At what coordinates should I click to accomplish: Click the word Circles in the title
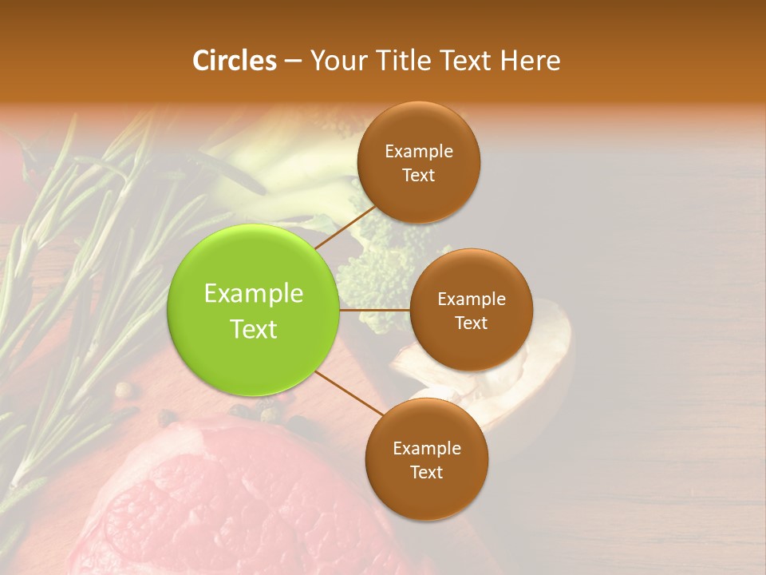tap(234, 61)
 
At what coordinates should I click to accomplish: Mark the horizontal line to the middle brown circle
tap(375, 309)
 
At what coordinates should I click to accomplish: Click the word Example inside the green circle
tap(254, 294)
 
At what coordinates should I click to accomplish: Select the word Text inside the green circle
tap(254, 329)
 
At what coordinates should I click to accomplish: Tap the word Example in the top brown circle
tap(419, 152)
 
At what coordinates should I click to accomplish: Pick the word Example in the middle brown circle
tap(472, 299)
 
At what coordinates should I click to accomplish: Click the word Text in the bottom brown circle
tap(426, 472)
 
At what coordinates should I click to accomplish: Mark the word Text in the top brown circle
tap(418, 175)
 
